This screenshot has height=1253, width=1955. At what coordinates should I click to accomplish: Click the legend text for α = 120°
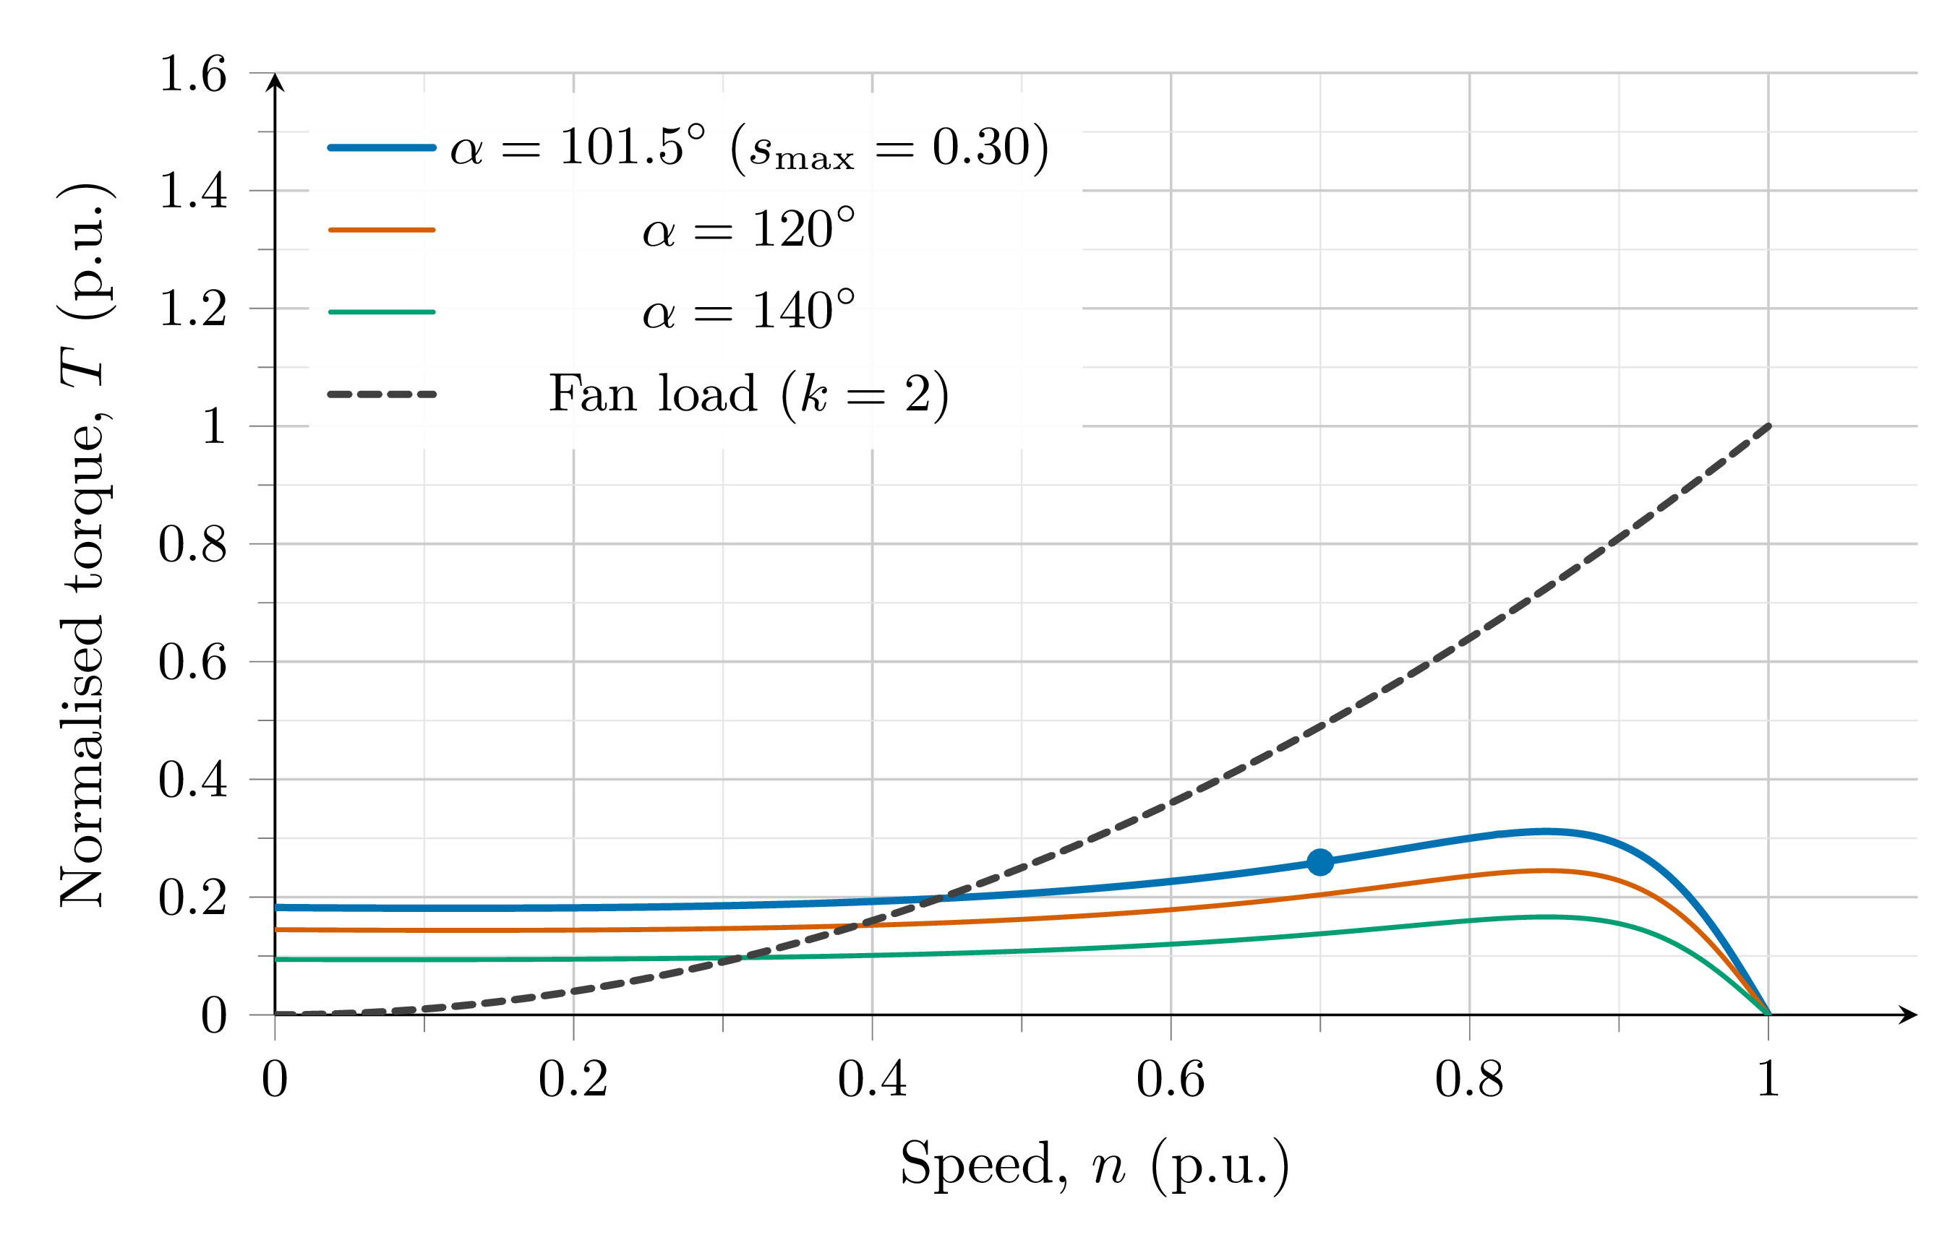pyautogui.click(x=748, y=230)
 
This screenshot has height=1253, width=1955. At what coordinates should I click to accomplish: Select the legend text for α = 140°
pyautogui.click(x=748, y=311)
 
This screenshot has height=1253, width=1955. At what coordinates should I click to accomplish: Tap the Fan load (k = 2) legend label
pyautogui.click(x=748, y=395)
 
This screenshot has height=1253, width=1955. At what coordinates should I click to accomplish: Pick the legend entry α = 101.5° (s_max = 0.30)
pyautogui.click(x=748, y=148)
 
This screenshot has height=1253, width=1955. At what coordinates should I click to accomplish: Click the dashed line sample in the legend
pyautogui.click(x=382, y=395)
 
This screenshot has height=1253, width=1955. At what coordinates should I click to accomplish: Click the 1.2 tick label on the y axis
pyautogui.click(x=192, y=309)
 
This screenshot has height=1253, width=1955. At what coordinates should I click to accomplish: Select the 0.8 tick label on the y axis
pyautogui.click(x=192, y=544)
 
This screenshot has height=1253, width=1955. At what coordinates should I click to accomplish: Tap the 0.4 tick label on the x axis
pyautogui.click(x=872, y=1080)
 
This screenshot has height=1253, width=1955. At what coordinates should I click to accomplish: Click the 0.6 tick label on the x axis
pyautogui.click(x=1171, y=1080)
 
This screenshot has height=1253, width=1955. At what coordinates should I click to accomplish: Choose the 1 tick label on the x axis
pyautogui.click(x=1767, y=1080)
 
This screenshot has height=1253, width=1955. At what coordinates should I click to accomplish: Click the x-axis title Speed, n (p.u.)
pyautogui.click(x=1094, y=1164)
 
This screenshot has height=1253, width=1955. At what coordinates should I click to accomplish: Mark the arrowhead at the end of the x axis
pyautogui.click(x=1909, y=1015)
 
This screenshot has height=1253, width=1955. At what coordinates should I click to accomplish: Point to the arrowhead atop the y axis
pyautogui.click(x=275, y=82)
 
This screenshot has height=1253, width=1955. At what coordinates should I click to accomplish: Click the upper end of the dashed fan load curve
pyautogui.click(x=1767, y=426)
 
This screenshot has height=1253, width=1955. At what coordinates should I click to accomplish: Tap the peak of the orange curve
pyautogui.click(x=1542, y=871)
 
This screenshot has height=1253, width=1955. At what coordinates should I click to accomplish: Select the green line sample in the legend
pyautogui.click(x=382, y=311)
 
